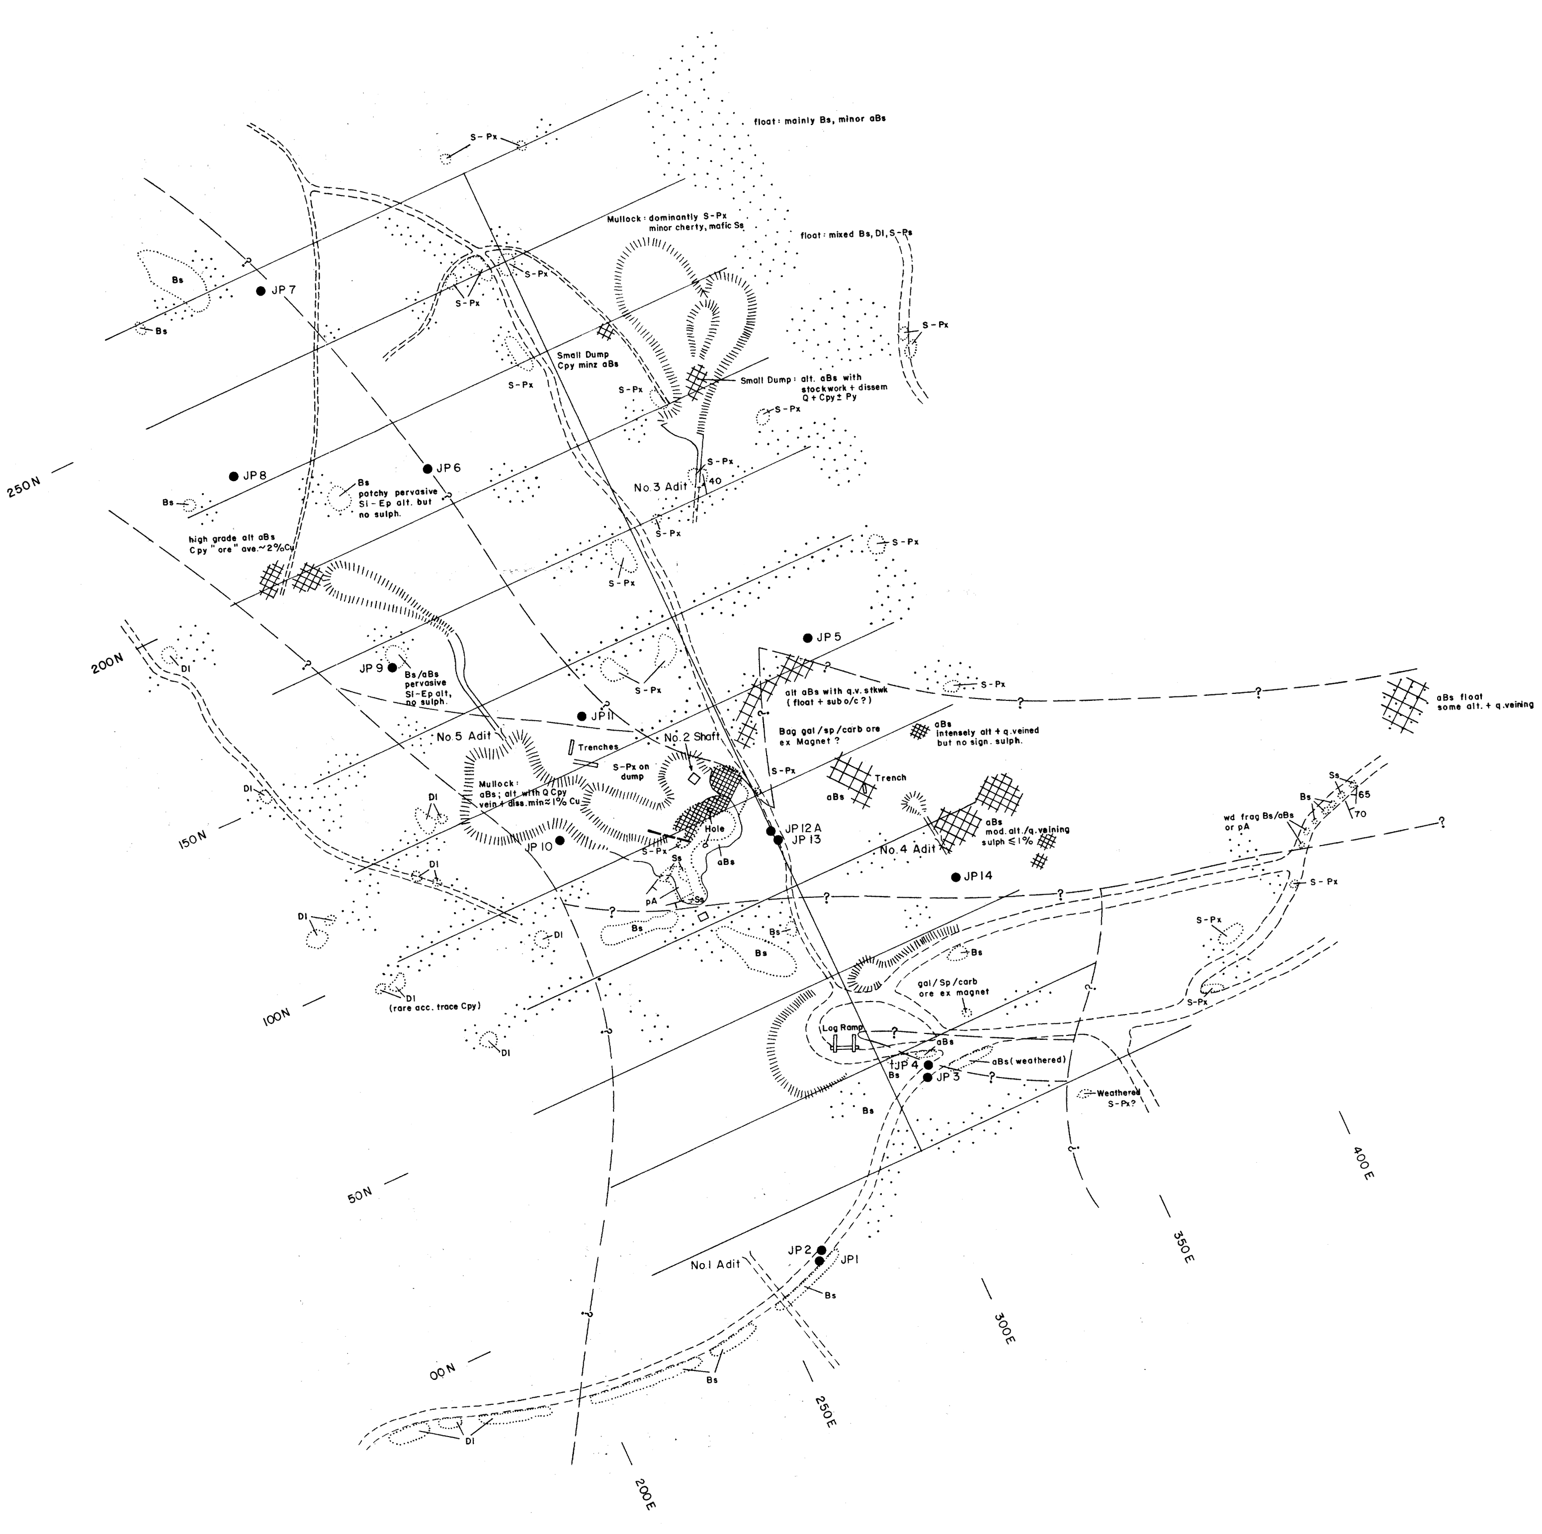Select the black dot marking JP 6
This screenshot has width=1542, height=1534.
(x=428, y=468)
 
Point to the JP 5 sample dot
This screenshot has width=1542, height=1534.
(x=808, y=638)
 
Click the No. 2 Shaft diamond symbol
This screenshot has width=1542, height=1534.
(x=693, y=776)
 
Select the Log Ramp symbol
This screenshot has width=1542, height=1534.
(x=845, y=1045)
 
